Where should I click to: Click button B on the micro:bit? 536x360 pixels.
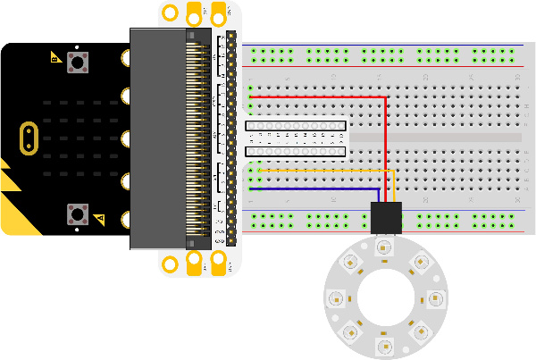click(76, 213)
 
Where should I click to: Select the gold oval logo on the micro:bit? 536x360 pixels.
click(29, 137)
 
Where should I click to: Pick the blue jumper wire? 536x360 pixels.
click(313, 189)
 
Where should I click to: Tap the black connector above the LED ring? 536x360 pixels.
click(385, 217)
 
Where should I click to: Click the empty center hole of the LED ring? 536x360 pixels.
click(385, 297)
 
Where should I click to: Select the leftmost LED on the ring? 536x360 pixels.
click(336, 297)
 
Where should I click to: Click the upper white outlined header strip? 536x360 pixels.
click(295, 127)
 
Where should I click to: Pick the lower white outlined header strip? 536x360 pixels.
click(295, 151)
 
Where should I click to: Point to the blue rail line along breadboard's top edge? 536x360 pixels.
click(384, 45)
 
